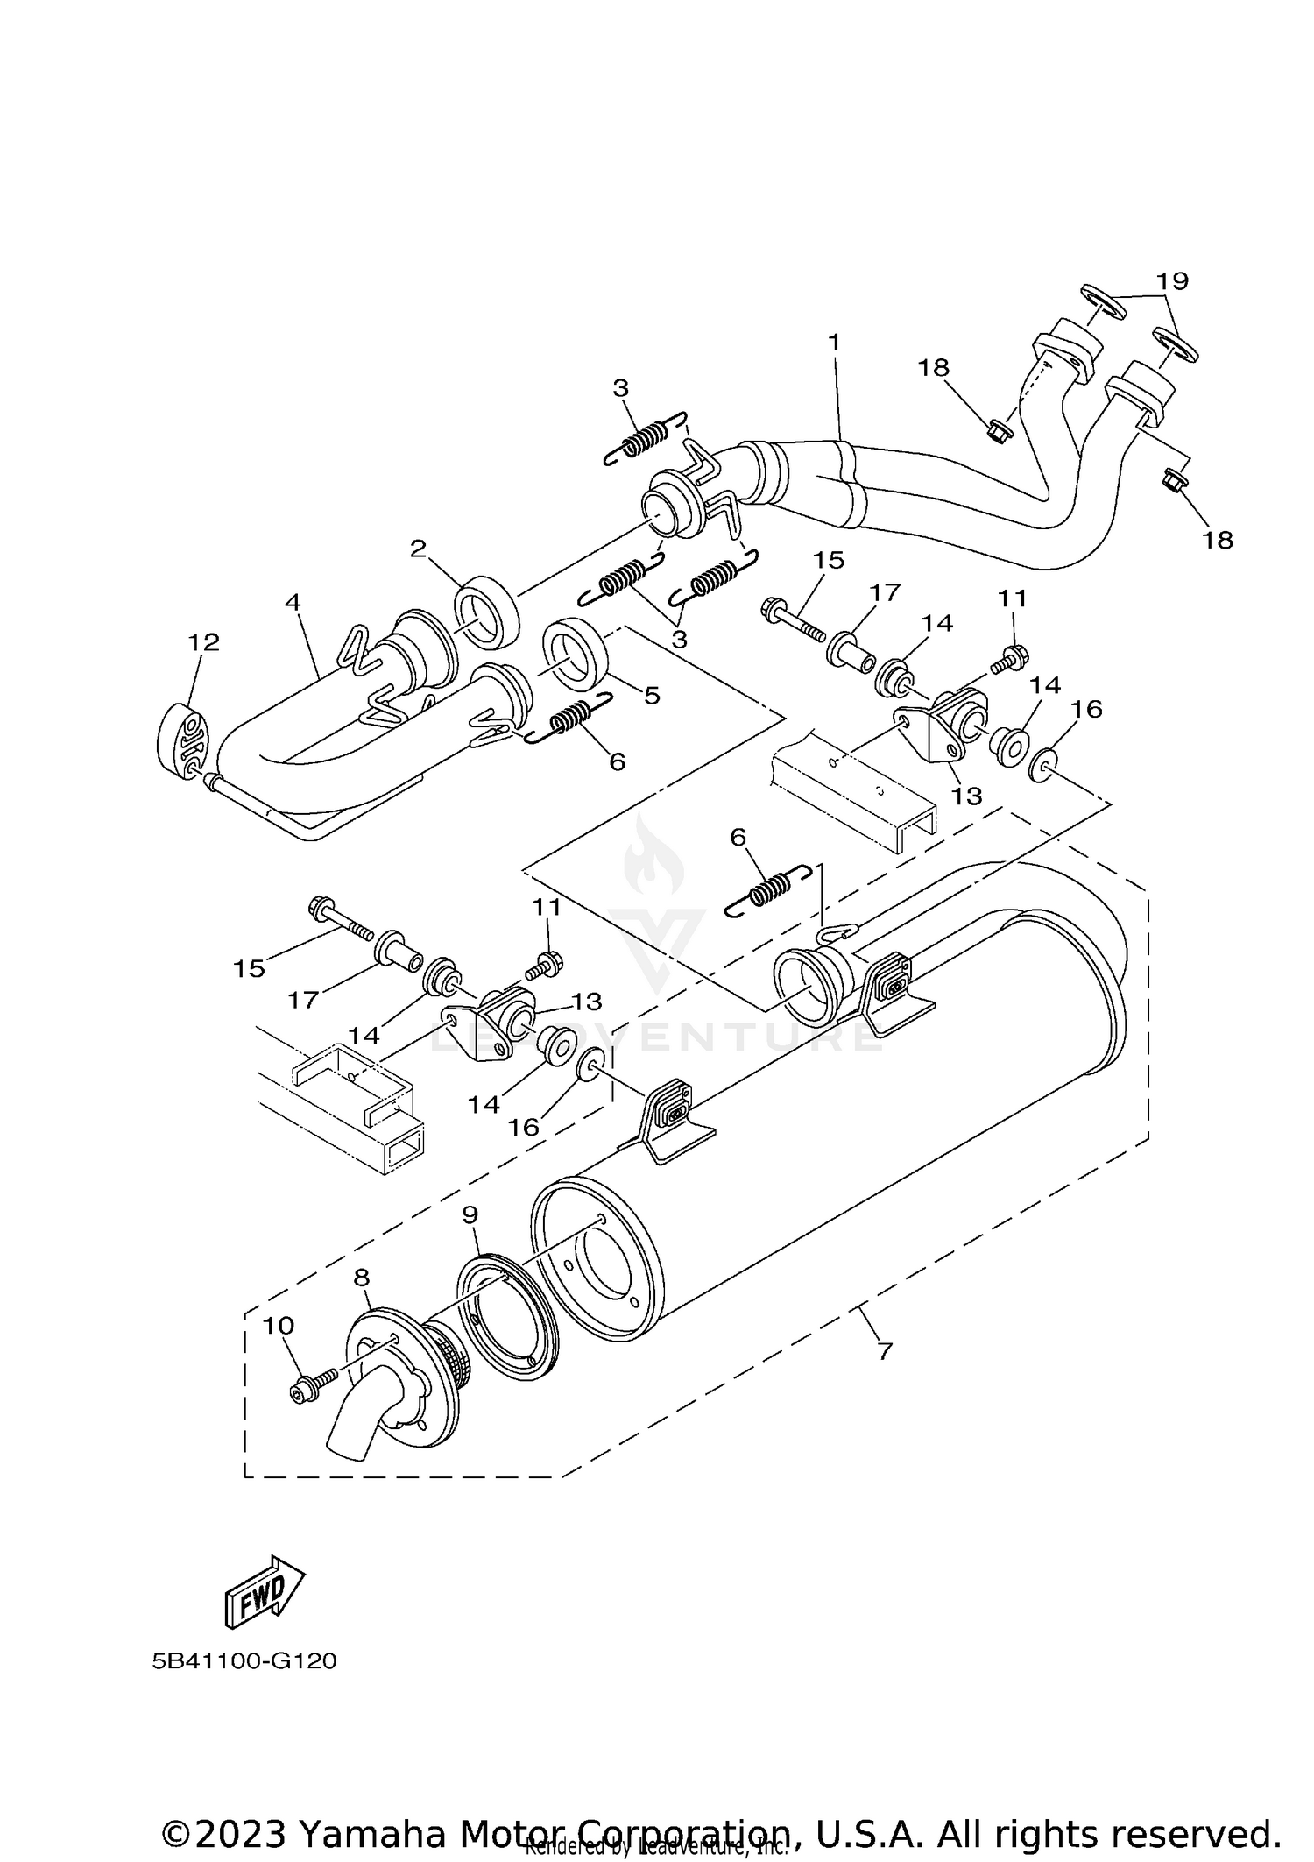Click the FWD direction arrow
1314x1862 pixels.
point(265,1589)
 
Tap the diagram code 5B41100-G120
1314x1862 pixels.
point(244,1661)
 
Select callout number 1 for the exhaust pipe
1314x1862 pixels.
point(833,342)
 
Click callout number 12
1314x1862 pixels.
point(203,642)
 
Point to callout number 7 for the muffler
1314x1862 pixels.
point(884,1351)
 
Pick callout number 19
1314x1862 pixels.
point(1171,281)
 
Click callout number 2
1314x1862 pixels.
point(418,549)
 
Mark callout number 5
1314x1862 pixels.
point(651,696)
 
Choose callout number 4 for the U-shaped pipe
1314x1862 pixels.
point(293,602)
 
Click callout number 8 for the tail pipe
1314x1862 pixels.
point(362,1278)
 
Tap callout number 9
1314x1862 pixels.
point(470,1215)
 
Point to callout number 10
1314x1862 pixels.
point(279,1326)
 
